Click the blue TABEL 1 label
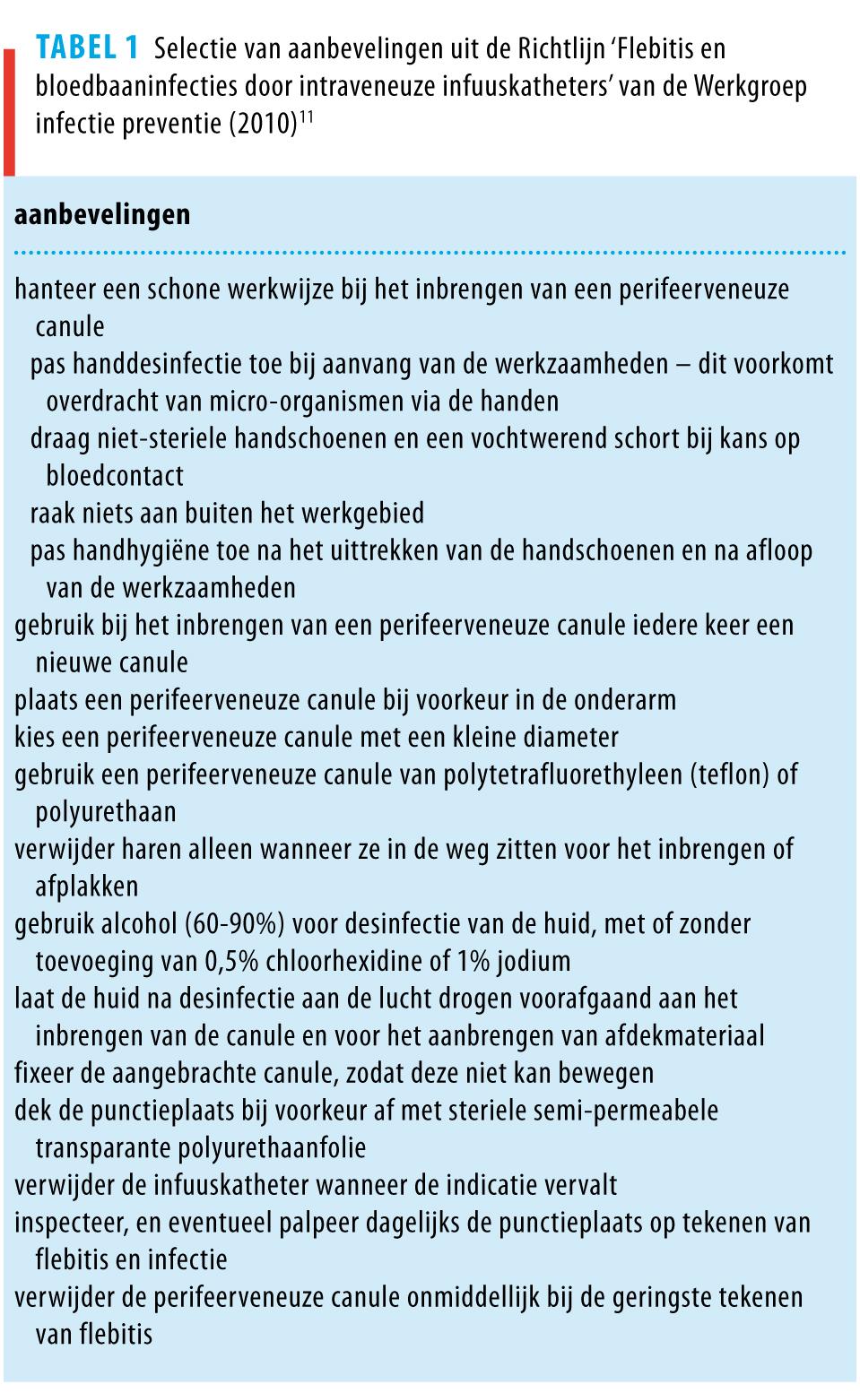tap(87, 48)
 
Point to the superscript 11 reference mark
tap(306, 116)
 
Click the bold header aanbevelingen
tap(102, 215)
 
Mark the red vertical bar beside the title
tap(9, 112)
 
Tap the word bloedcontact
tap(114, 476)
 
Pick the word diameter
tap(567, 738)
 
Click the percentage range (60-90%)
tap(230, 924)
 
